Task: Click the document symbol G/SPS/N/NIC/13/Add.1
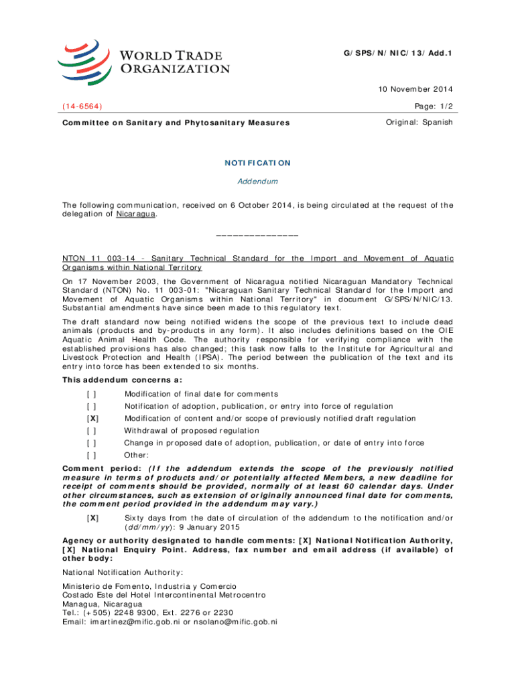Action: point(401,52)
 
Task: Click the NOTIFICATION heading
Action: point(258,163)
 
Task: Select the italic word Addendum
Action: point(258,182)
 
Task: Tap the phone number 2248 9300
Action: point(117,612)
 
